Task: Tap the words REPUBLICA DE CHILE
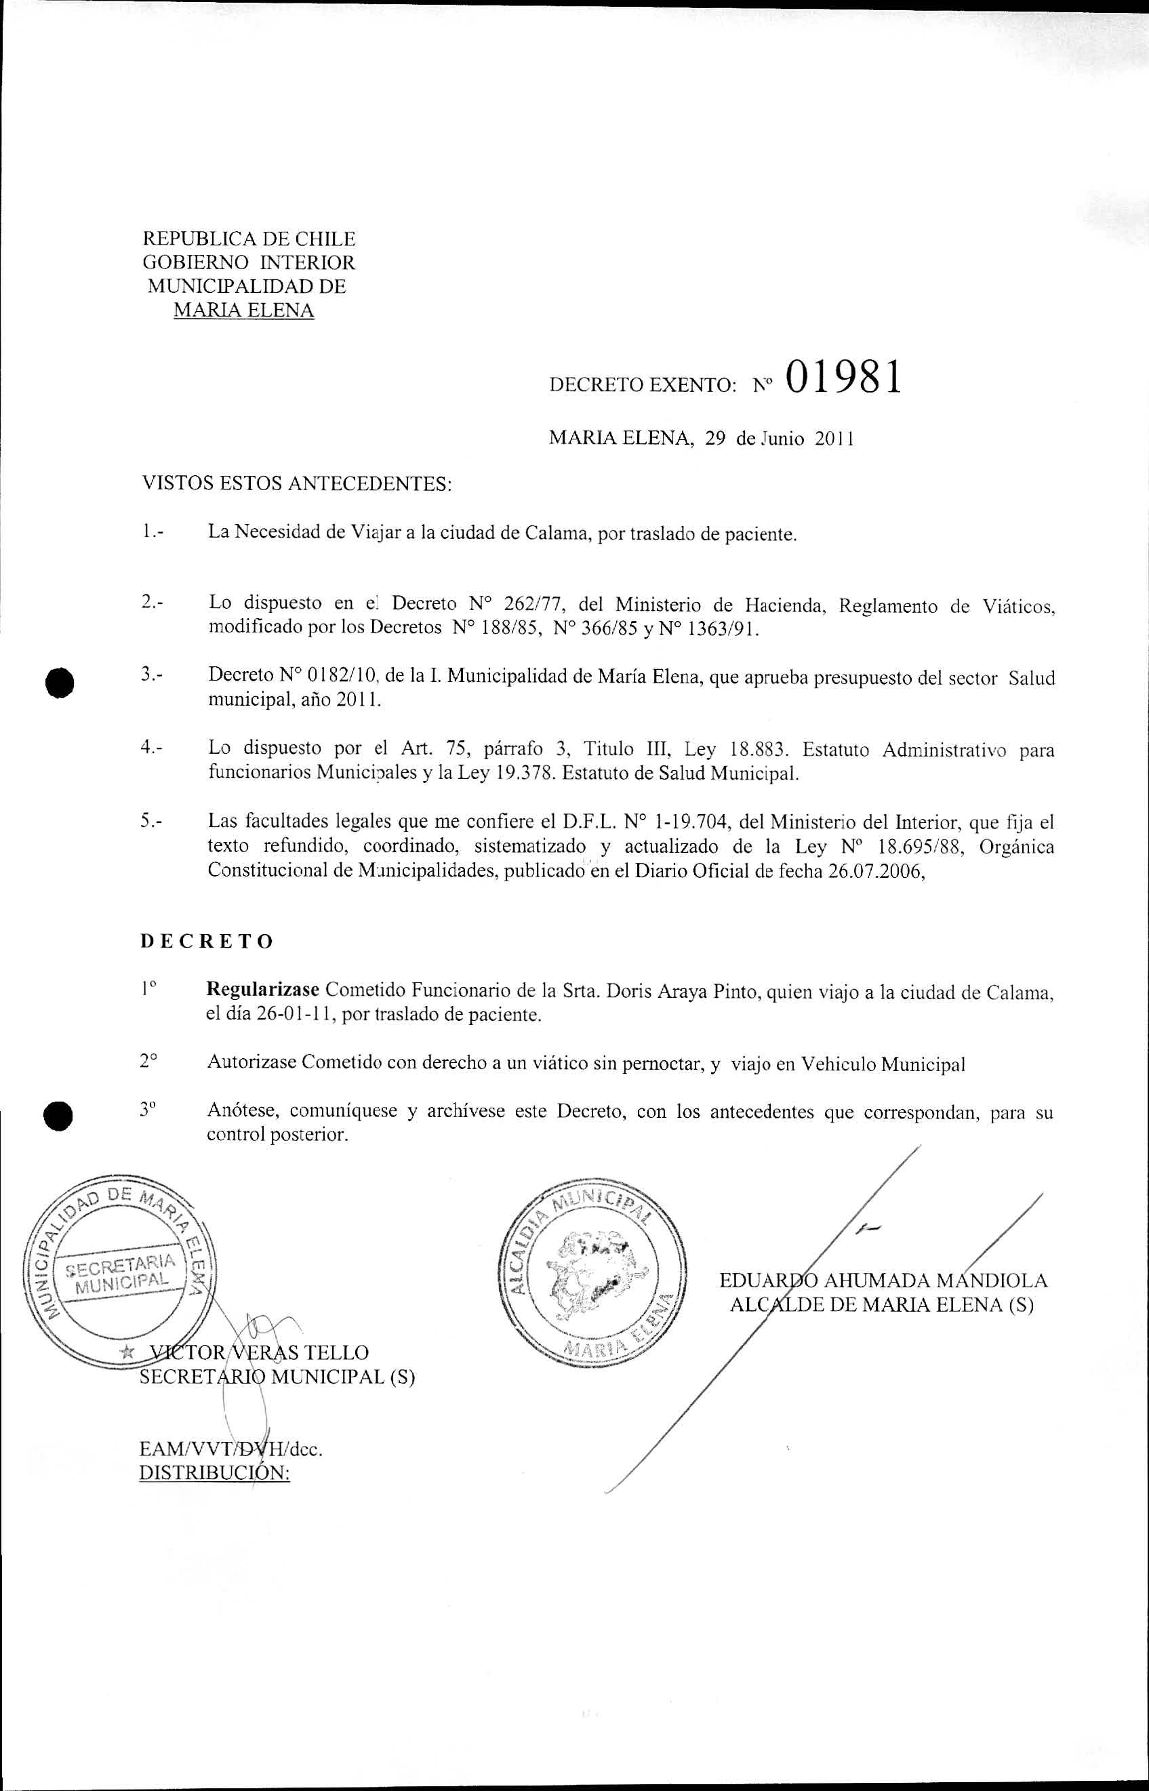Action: coord(249,239)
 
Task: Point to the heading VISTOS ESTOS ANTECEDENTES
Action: coord(297,484)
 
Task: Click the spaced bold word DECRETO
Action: coord(207,942)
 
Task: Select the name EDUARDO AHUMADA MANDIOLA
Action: coord(883,1281)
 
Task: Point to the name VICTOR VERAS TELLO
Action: coord(259,1352)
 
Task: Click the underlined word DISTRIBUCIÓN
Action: coord(214,1474)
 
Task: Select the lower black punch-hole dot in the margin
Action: coord(58,1116)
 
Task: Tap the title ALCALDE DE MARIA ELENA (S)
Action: coord(881,1305)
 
